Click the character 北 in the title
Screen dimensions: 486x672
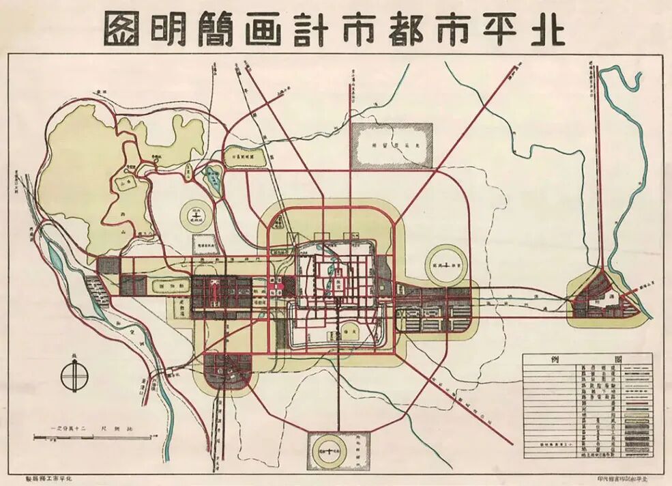[x=546, y=29]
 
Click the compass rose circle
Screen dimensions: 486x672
[x=74, y=375]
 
